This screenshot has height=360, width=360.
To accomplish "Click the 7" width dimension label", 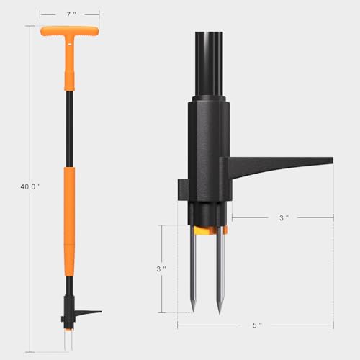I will [x=69, y=14].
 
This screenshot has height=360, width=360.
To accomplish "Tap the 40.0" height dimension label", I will [x=30, y=186].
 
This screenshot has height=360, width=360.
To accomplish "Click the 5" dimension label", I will [x=257, y=325].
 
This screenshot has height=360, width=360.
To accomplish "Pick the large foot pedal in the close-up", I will [x=281, y=166].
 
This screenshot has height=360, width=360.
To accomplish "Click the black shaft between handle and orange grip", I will [x=71, y=130].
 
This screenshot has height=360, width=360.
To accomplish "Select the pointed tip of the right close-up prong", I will [x=220, y=310].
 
